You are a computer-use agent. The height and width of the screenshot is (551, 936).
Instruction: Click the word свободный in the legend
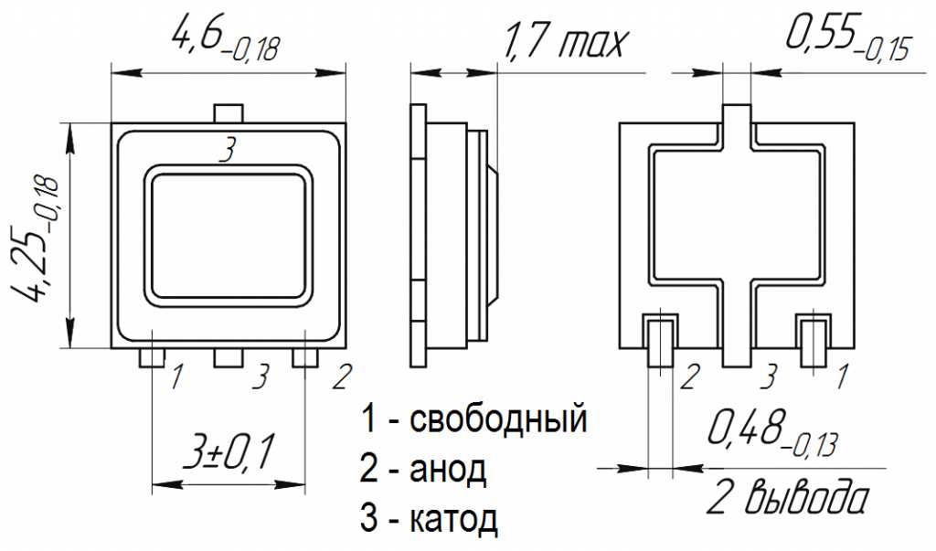(x=497, y=420)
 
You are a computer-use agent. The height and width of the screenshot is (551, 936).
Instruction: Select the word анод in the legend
(x=448, y=470)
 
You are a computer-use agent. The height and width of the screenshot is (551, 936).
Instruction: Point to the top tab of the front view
(x=229, y=113)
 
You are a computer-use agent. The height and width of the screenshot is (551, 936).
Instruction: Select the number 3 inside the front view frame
(x=228, y=149)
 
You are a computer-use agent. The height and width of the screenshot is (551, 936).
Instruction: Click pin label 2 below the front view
(x=340, y=375)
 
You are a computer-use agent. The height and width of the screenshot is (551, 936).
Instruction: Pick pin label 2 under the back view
(x=690, y=375)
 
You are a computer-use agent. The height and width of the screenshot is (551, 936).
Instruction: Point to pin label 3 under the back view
(x=770, y=375)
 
